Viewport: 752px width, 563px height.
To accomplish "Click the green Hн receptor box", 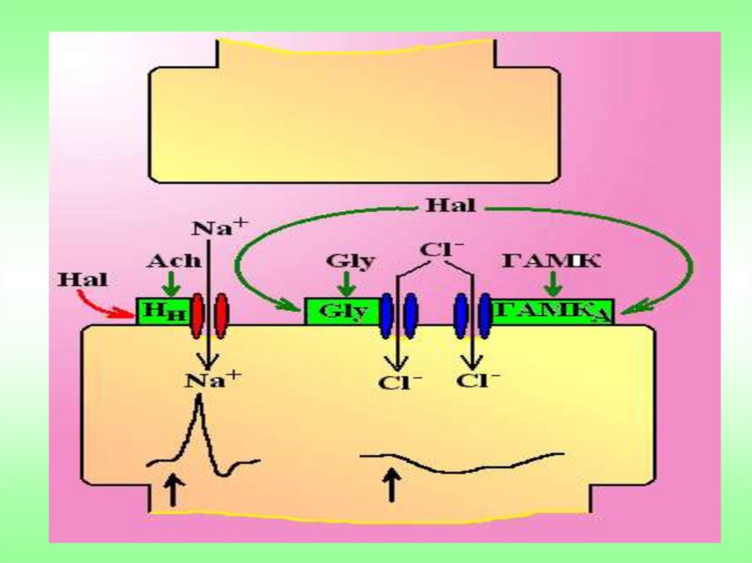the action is (x=160, y=312).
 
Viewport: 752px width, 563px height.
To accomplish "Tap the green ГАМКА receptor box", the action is (x=552, y=312).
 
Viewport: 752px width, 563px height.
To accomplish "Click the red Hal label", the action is (x=82, y=280).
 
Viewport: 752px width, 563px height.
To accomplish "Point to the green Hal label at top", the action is (x=450, y=206).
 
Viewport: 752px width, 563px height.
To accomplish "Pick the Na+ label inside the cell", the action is (x=212, y=379).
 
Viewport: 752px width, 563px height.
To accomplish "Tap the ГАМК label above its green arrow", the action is (x=552, y=261).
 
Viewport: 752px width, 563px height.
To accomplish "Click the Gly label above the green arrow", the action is (x=350, y=261).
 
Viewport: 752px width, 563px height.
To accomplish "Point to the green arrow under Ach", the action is (x=170, y=283).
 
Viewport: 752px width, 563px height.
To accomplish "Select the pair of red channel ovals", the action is (x=209, y=316).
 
